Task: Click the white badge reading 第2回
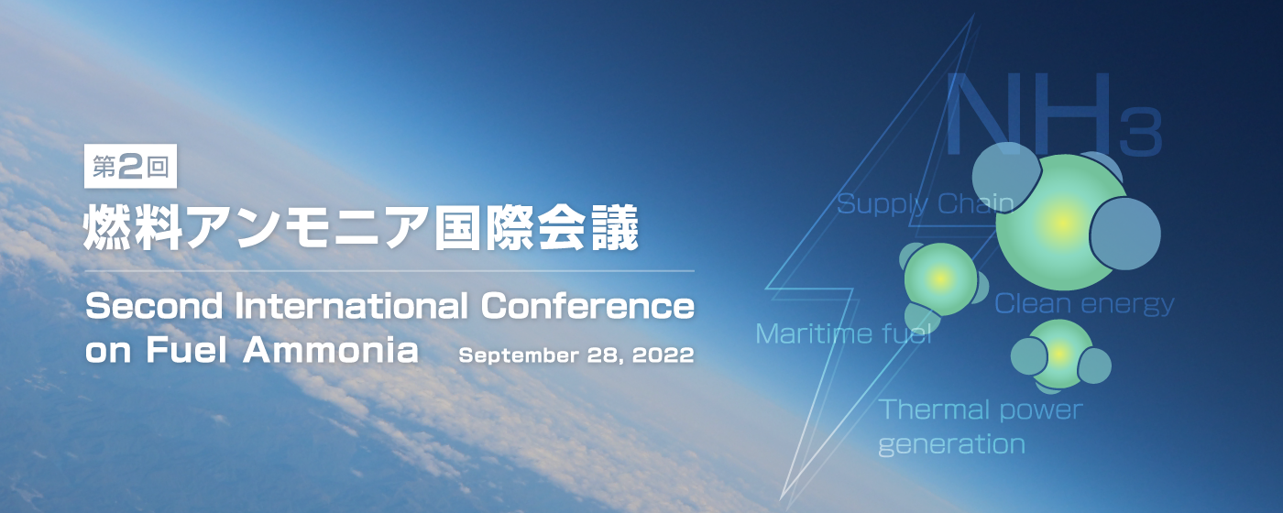pyautogui.click(x=130, y=166)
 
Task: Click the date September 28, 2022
pyautogui.click(x=576, y=355)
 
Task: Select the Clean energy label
pyautogui.click(x=1084, y=304)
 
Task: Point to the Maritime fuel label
pyautogui.click(x=844, y=333)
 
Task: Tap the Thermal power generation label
pyautogui.click(x=981, y=427)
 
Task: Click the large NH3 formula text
pyautogui.click(x=1054, y=115)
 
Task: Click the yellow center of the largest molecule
pyautogui.click(x=1062, y=222)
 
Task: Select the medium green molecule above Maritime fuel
pyautogui.click(x=942, y=280)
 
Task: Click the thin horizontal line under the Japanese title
pyautogui.click(x=389, y=270)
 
